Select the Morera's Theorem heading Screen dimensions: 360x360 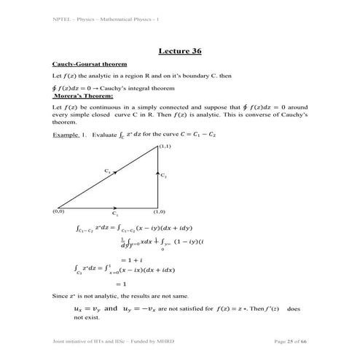point(83,95)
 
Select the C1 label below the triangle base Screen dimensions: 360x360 point(115,214)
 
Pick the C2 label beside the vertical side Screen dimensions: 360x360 point(164,176)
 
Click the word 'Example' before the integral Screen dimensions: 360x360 point(66,136)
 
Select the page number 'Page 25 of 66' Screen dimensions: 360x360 point(290,341)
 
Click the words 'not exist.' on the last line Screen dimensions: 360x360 point(68,318)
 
